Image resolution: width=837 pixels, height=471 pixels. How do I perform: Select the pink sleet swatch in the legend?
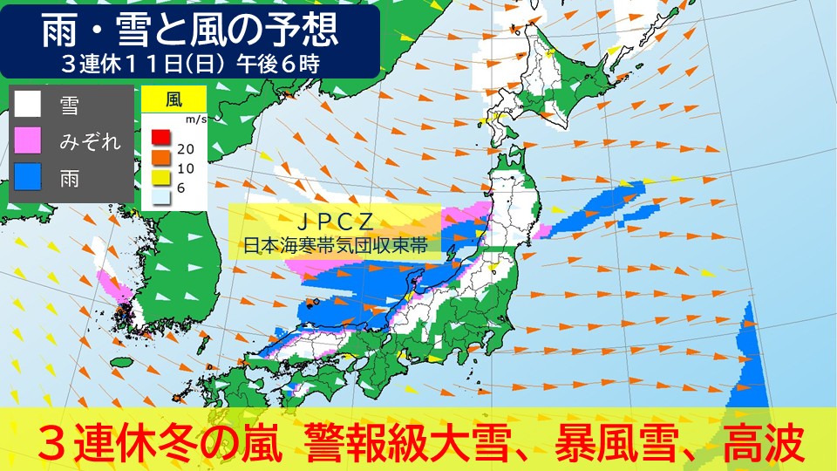click(28, 140)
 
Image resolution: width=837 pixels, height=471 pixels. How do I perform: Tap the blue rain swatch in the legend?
click(28, 177)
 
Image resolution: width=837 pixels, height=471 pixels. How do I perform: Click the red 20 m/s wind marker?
click(160, 136)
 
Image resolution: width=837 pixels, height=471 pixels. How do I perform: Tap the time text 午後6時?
click(282, 64)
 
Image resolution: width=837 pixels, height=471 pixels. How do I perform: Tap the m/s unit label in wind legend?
click(197, 119)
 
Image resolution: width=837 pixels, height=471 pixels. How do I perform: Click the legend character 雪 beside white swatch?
click(69, 106)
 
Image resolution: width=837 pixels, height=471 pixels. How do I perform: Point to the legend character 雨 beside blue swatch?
click(69, 177)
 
